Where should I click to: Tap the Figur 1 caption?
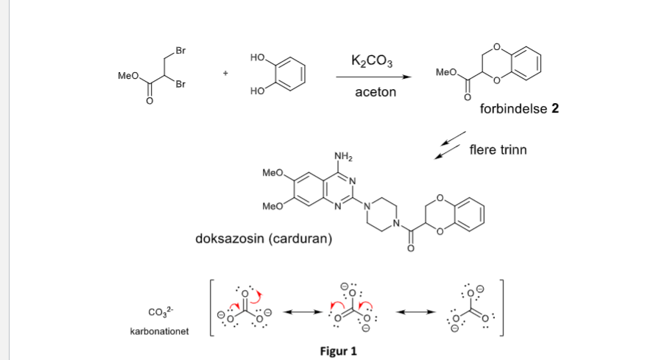338,350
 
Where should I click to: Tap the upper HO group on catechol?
257,57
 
